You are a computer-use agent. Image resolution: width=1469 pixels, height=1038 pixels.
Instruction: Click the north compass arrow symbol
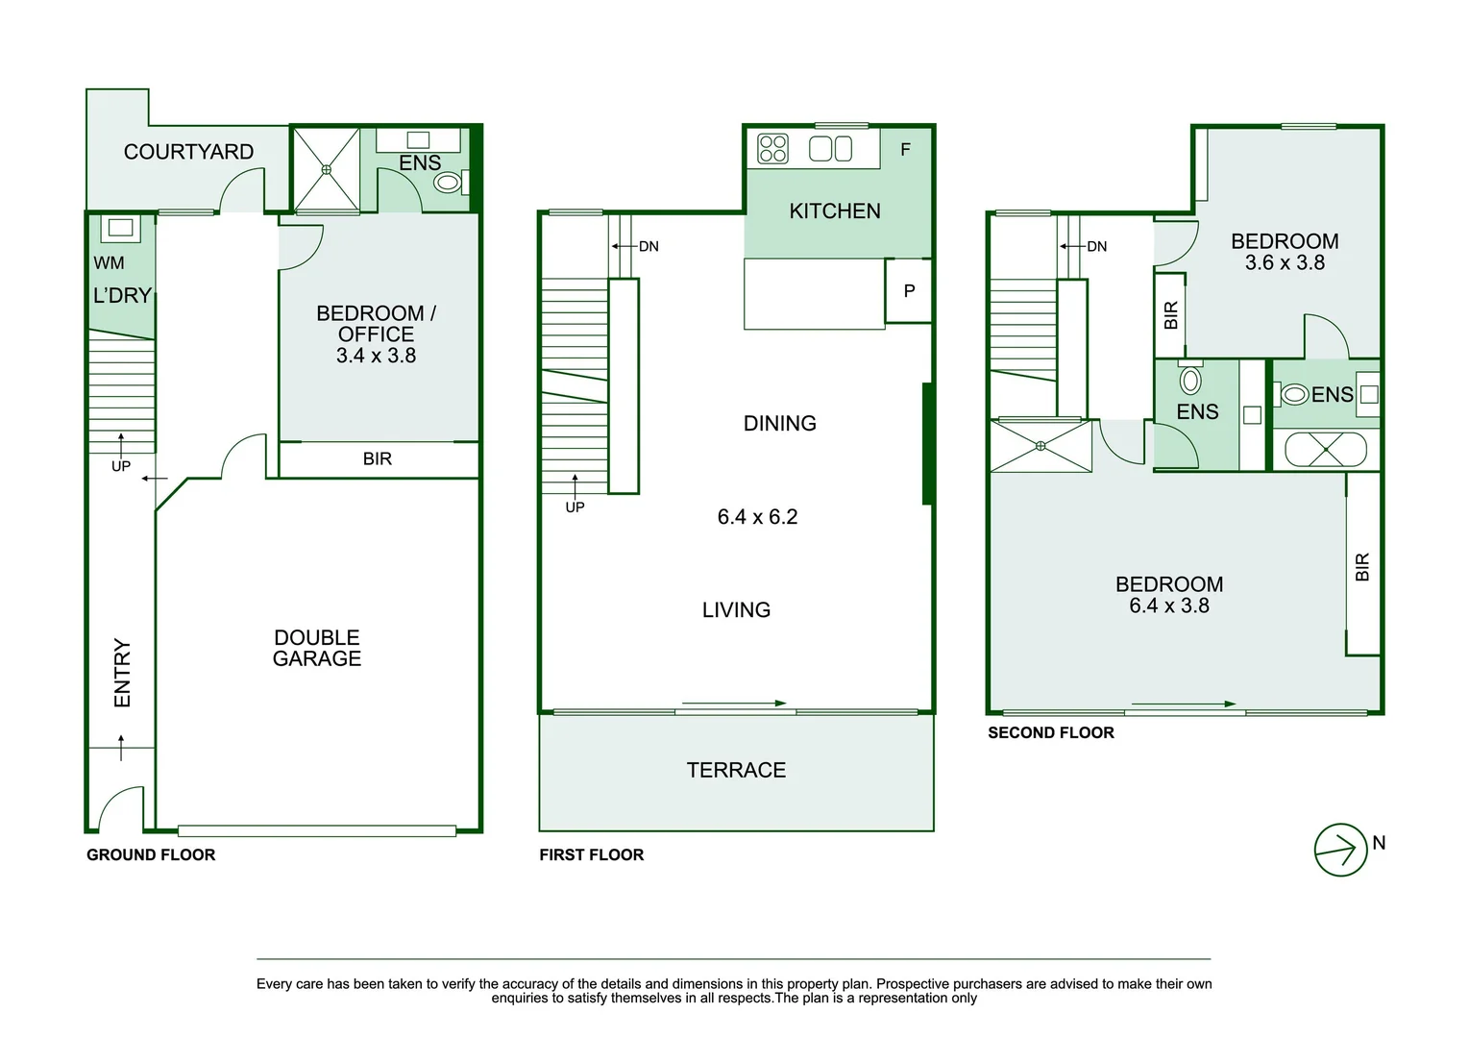pos(1340,850)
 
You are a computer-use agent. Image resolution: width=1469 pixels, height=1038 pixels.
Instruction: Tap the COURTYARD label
pos(188,152)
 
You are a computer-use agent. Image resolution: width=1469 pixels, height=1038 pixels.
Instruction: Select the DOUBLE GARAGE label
pos(317,648)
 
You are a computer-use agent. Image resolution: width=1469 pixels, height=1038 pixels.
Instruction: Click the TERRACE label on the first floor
pos(736,770)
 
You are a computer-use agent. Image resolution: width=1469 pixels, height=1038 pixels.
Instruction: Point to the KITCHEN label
pos(835,211)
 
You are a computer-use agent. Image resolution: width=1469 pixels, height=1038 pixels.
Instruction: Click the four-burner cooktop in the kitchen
pos(772,149)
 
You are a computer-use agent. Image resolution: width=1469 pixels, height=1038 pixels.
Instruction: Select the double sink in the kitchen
pos(831,149)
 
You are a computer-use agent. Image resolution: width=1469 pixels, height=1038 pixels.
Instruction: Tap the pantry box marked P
pos(909,290)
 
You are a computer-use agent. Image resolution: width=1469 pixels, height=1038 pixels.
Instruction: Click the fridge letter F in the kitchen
pos(905,149)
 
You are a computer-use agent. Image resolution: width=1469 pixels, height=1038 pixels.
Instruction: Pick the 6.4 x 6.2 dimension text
pos(757,517)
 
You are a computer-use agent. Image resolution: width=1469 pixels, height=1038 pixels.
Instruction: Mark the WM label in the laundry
pos(109,262)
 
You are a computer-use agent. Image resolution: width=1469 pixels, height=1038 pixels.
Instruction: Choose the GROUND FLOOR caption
pos(151,854)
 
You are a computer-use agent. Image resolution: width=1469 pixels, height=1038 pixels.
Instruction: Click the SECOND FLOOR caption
pos(1051,732)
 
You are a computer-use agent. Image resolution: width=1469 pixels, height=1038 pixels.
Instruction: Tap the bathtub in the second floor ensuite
pos(1326,450)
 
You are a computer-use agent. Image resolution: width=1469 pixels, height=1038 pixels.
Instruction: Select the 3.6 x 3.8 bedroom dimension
pos(1285,262)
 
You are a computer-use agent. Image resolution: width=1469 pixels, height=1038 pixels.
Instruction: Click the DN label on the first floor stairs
pos(649,246)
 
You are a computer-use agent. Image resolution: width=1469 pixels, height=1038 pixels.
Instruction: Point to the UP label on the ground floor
pos(121,466)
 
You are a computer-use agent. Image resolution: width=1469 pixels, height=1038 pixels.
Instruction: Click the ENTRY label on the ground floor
pos(122,673)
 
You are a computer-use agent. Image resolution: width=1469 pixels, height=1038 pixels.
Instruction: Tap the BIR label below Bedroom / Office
pos(378,458)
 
